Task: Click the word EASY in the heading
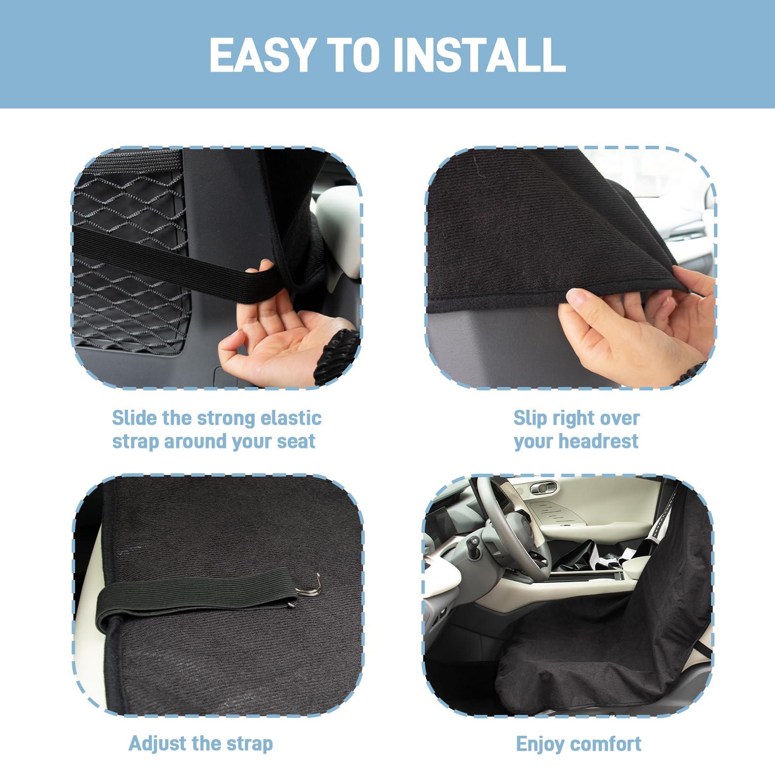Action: (x=263, y=55)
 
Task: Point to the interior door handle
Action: (x=542, y=488)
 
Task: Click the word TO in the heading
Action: (x=353, y=55)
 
